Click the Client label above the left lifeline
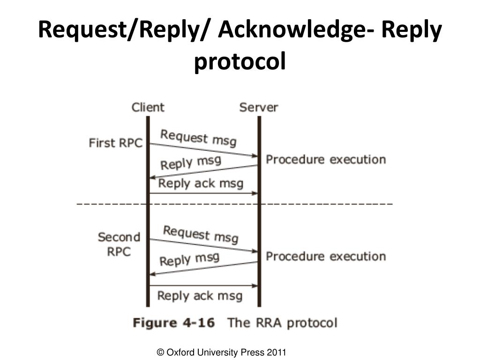[148, 107]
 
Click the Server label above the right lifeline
[258, 107]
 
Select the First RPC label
[115, 143]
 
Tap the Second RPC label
[119, 244]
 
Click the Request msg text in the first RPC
[198, 137]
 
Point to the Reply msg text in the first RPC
[190, 163]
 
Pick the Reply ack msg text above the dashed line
[201, 183]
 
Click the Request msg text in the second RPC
[201, 234]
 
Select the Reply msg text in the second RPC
[189, 259]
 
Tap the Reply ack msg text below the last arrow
[200, 296]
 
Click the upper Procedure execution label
[326, 159]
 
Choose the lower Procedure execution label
[326, 256]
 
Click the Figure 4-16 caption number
[174, 323]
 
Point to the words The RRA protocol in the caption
[282, 323]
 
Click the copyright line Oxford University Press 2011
[222, 352]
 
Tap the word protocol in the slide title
[240, 61]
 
